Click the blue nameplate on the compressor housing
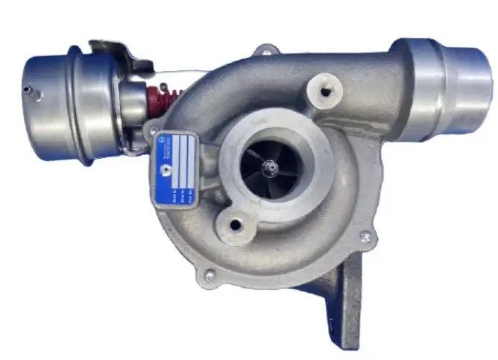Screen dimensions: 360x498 click(175, 169)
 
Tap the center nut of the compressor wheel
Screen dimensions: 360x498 click(271, 168)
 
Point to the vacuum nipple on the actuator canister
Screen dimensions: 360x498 click(28, 91)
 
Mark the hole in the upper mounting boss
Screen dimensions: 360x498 click(326, 92)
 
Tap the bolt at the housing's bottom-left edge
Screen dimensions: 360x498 click(209, 275)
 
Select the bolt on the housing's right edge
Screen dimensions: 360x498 click(365, 237)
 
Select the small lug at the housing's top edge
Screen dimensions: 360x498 click(264, 51)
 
